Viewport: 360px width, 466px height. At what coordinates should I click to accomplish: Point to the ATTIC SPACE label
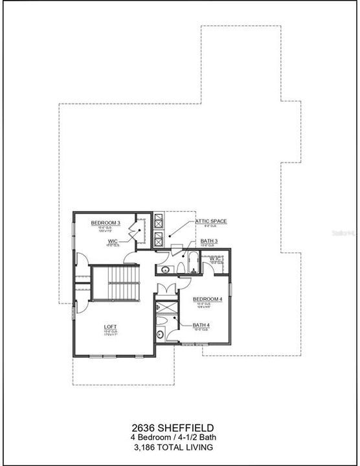211,221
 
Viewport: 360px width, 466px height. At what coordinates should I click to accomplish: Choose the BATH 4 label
201,325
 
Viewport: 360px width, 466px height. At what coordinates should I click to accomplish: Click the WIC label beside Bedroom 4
216,258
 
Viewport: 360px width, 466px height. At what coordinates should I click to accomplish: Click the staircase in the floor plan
115,283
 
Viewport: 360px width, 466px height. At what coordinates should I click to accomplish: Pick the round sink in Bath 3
164,269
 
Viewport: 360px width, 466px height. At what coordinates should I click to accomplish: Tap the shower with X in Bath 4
166,308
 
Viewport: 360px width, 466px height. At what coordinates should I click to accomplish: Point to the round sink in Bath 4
159,335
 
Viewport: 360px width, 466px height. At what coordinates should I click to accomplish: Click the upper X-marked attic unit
157,221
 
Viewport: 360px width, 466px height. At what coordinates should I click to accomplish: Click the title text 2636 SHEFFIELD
179,427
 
